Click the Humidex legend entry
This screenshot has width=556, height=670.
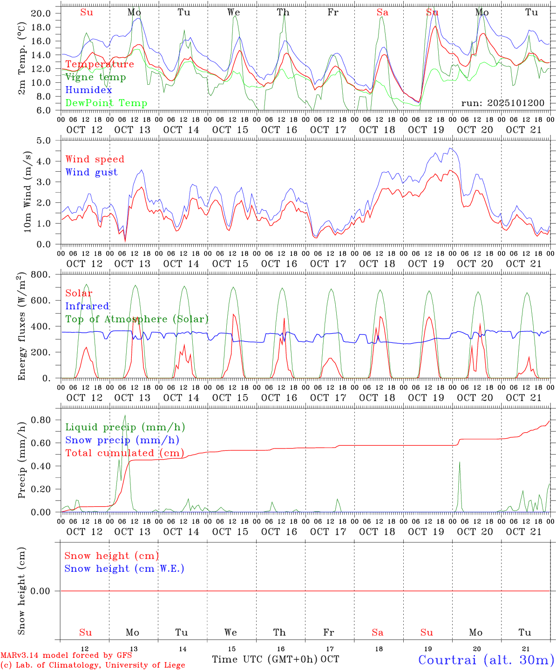click(x=88, y=90)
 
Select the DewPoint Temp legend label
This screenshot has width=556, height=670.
click(x=106, y=103)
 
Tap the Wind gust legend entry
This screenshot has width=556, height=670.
click(x=91, y=172)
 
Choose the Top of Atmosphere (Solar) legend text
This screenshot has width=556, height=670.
click(x=136, y=319)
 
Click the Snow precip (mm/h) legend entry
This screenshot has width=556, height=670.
click(x=122, y=440)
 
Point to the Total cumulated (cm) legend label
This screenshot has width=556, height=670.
click(x=124, y=453)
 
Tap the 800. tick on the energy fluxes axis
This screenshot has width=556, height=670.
click(x=41, y=275)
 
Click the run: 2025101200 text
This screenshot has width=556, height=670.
click(x=502, y=103)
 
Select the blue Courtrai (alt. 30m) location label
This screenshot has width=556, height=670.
click(x=486, y=659)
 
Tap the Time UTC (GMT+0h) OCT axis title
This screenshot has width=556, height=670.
click(x=275, y=659)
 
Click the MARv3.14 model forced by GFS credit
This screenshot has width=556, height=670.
click(x=66, y=655)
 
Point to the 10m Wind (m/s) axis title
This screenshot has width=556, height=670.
click(x=27, y=191)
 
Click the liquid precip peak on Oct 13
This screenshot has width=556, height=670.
click(x=124, y=415)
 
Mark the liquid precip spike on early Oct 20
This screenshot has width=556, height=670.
click(x=460, y=462)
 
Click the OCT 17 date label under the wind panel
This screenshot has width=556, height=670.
click(x=328, y=263)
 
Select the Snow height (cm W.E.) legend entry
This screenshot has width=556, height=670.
click(x=124, y=568)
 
